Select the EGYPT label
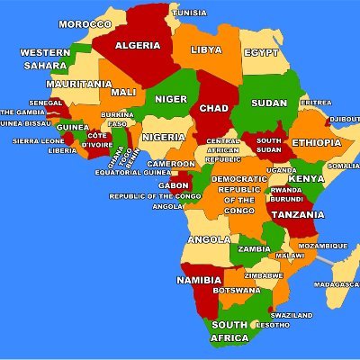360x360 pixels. point(261,53)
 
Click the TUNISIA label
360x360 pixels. point(189,13)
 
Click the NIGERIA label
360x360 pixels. point(164,137)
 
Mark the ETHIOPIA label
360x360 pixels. point(316,143)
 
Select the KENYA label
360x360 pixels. point(306,178)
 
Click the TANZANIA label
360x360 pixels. point(299,214)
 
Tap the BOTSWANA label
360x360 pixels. point(236,291)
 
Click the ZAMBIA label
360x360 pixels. point(255,248)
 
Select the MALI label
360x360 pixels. point(123,92)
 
